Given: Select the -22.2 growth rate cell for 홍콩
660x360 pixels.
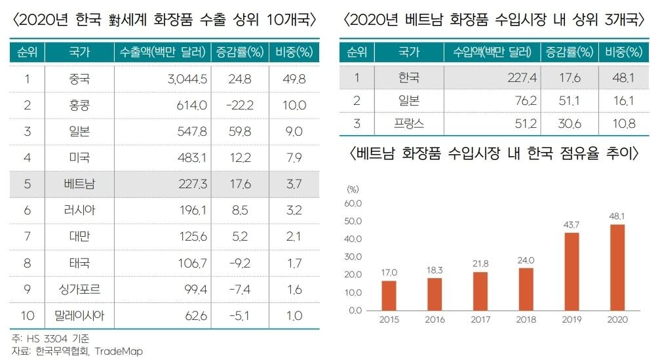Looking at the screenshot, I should pos(239,106).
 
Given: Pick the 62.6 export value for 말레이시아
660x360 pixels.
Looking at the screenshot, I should pos(195,315).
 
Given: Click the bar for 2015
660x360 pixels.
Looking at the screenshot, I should pos(389,294).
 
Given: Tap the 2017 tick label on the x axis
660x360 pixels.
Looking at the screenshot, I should pos(481,319).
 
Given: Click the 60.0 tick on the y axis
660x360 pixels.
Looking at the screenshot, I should pos(353,204).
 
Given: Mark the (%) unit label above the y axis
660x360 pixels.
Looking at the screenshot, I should pos(353,189).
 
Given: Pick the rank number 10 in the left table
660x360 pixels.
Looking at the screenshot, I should pos(28,315).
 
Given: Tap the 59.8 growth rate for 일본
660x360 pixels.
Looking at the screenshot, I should pos(239,132).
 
